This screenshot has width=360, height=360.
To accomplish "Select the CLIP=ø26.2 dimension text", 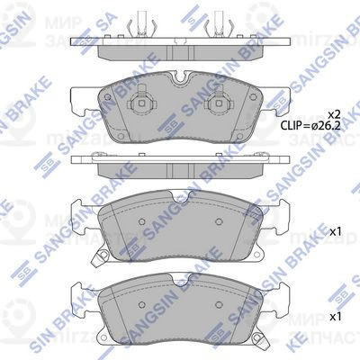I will point(311,129).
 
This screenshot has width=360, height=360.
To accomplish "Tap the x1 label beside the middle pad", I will point(336,231).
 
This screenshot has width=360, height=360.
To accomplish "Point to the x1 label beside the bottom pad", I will point(336,317).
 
